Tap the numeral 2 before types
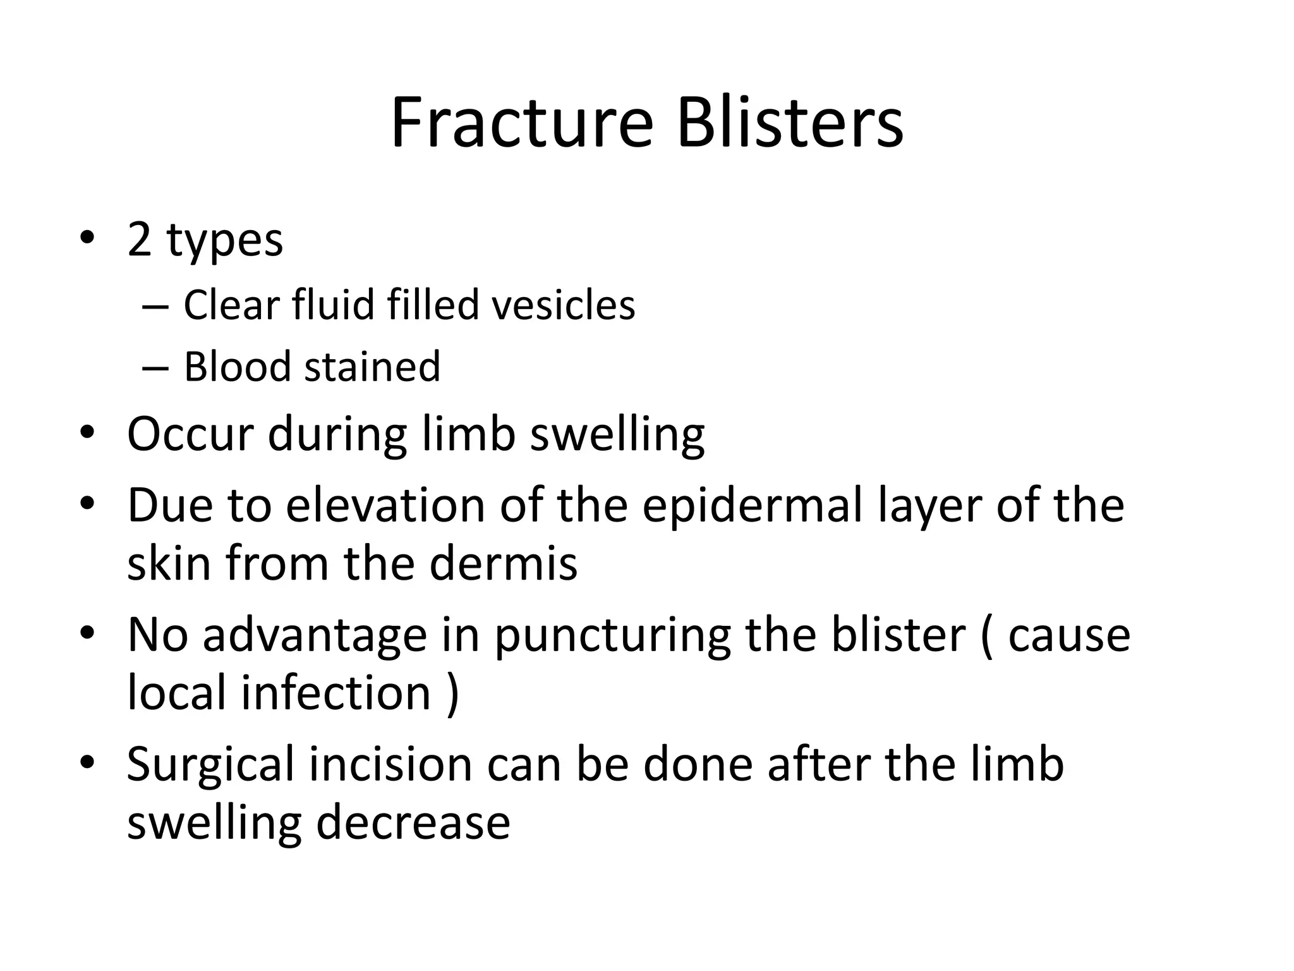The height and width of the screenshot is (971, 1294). tap(139, 240)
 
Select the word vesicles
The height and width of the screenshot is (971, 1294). tap(563, 305)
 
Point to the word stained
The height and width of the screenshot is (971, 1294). tap(372, 367)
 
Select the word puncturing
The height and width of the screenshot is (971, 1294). tap(612, 635)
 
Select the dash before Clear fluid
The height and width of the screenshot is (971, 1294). tap(155, 307)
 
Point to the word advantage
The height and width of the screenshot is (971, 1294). tap(315, 635)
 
